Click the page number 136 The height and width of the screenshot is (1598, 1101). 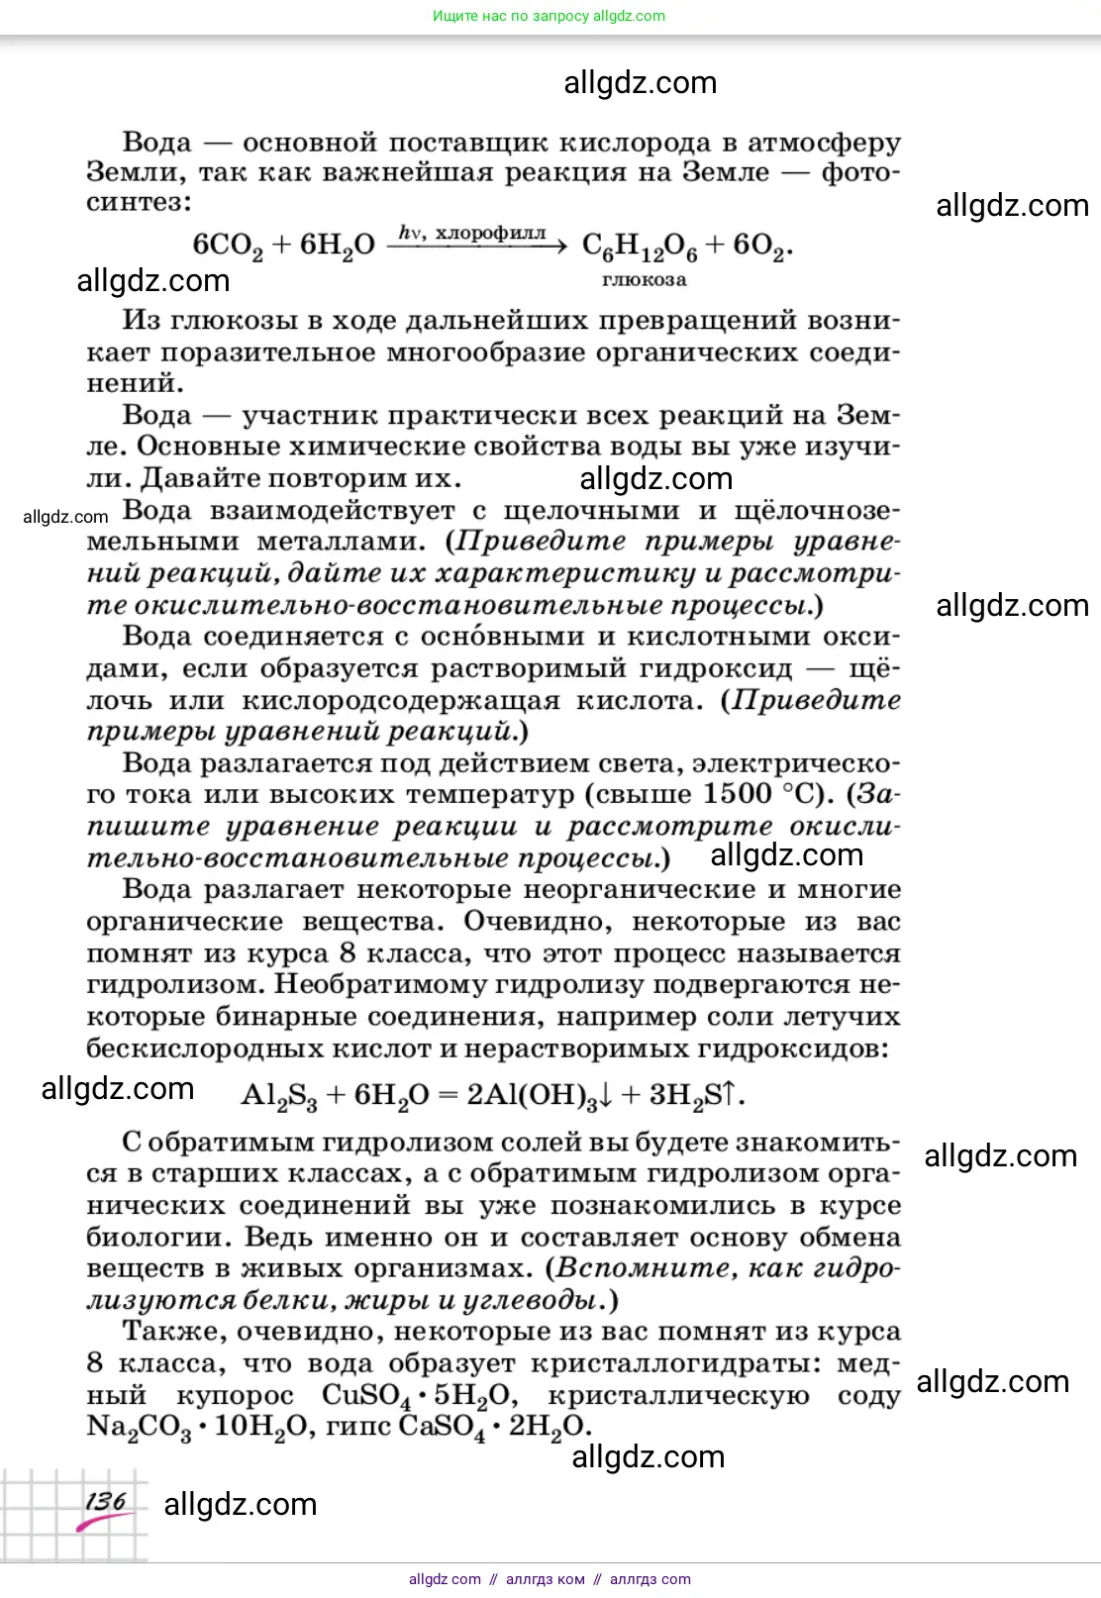(x=106, y=1501)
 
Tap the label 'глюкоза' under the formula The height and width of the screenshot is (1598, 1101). (x=644, y=280)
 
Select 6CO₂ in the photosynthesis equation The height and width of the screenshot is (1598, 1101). (x=228, y=246)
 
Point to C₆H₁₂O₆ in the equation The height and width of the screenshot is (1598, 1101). (x=640, y=247)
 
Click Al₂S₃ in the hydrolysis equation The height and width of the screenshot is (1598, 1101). (x=279, y=1095)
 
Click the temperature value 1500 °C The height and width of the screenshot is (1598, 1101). (x=762, y=794)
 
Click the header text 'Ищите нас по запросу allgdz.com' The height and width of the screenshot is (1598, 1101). (x=549, y=16)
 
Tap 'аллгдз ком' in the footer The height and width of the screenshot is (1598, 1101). (x=545, y=1579)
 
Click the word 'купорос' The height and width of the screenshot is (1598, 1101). (x=235, y=1396)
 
